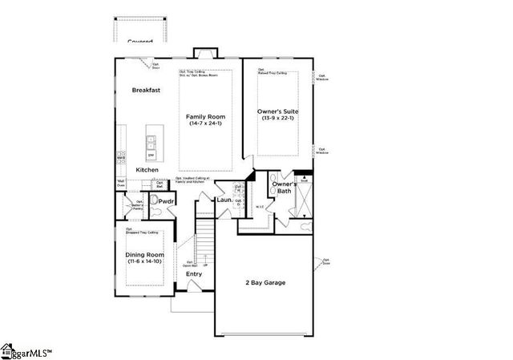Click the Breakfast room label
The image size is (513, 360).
146,91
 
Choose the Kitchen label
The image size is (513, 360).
147,170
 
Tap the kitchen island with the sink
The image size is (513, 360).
151,144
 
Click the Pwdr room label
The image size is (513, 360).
167,201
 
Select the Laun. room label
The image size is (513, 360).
224,200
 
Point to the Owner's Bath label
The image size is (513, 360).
283,188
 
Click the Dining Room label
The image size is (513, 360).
144,255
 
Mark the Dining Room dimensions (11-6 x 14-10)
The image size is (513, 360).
144,262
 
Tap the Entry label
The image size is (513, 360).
194,274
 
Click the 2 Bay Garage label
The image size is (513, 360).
265,282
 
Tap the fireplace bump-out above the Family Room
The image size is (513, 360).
205,54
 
